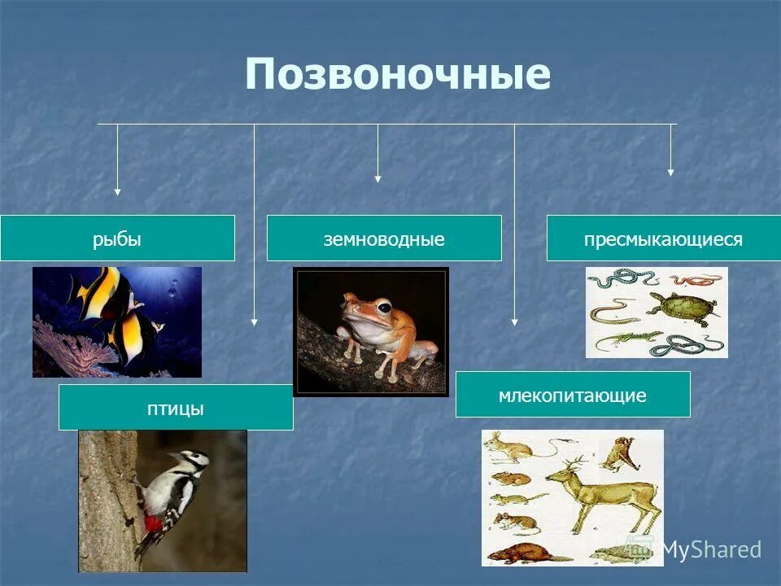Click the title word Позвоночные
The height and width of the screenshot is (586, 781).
click(397, 75)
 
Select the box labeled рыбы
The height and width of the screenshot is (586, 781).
click(117, 238)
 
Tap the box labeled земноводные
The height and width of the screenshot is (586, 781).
click(384, 238)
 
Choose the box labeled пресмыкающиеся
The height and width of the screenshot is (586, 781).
click(663, 238)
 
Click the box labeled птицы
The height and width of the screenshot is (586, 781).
click(176, 408)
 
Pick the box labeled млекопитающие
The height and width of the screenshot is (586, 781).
click(573, 395)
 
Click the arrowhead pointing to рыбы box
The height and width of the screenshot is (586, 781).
click(117, 192)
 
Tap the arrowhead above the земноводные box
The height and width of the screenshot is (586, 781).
click(377, 178)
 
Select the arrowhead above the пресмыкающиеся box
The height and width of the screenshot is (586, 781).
click(670, 172)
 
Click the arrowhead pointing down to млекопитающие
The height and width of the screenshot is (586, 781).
click(514, 321)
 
